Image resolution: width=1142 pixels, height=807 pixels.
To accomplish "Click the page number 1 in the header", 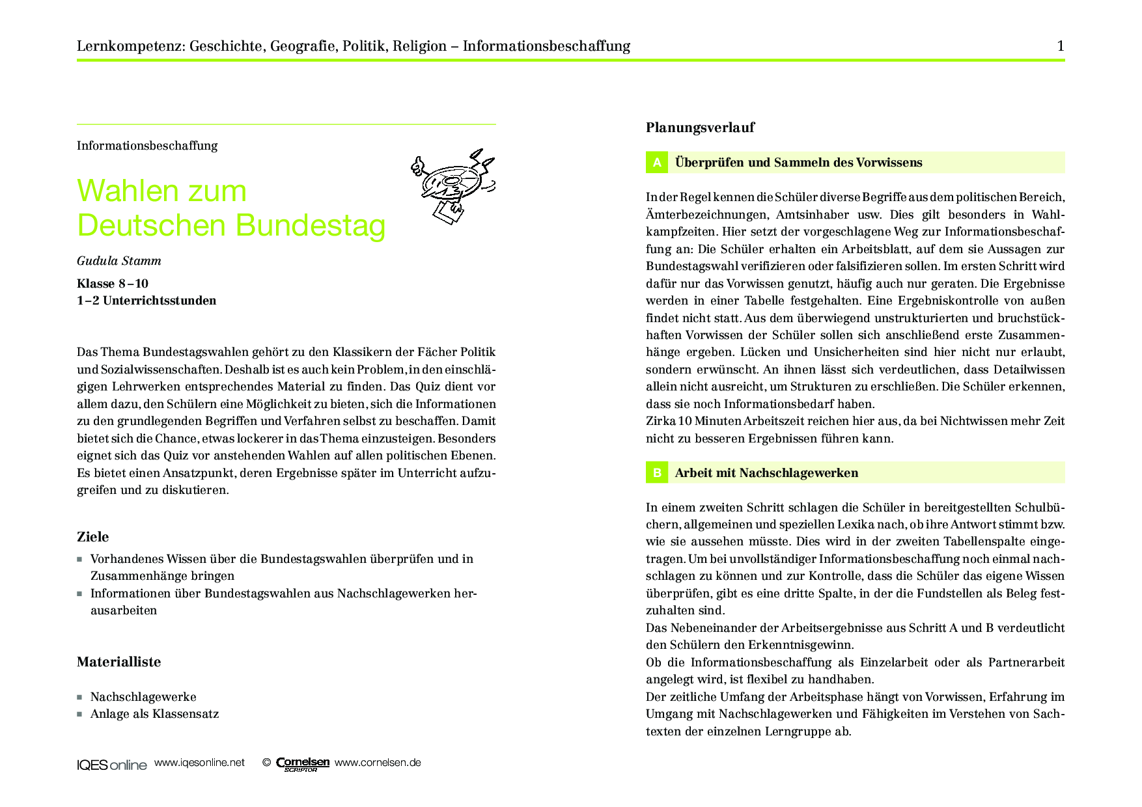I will click(1061, 46).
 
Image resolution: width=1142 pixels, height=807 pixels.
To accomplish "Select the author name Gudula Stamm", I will click(119, 261).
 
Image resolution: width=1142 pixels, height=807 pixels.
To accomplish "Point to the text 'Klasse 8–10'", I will click(113, 283).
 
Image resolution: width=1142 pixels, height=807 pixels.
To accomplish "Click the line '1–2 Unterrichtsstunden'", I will click(146, 301).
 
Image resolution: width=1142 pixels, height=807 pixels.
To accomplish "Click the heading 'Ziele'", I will click(93, 537).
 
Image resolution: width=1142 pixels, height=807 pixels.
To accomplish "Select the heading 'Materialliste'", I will click(118, 662).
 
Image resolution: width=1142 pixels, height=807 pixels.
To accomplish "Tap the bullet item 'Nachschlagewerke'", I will click(143, 697).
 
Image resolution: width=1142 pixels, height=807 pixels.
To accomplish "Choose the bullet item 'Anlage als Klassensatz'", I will click(154, 714).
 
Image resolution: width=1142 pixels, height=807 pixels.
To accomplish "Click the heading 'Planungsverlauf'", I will click(700, 128).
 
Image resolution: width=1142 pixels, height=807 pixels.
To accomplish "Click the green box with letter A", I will click(656, 163).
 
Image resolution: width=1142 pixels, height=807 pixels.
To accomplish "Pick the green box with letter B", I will click(656, 473).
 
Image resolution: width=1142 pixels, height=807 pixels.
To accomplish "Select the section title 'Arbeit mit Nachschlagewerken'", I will click(766, 473).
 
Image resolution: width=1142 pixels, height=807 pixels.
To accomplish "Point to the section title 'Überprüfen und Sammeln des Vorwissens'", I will click(798, 163).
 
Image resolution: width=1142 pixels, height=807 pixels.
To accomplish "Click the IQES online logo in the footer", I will click(111, 765).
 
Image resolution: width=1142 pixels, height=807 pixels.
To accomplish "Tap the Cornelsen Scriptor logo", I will click(302, 764).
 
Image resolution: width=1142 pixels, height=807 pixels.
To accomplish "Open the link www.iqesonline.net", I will click(199, 763).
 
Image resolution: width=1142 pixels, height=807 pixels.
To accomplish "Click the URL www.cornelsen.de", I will click(378, 763).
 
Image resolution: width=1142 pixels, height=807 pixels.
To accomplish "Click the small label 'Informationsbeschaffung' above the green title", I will click(147, 146).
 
